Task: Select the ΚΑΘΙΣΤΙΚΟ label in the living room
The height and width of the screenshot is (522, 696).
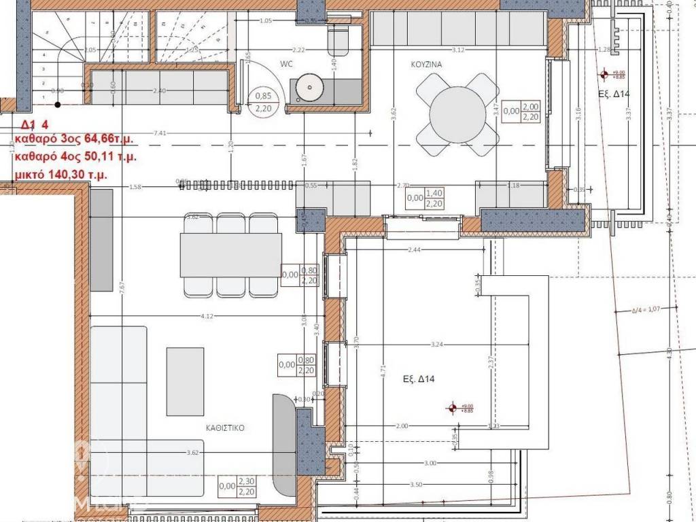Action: pos(226,429)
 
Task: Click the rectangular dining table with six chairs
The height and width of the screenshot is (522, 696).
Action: pos(231,255)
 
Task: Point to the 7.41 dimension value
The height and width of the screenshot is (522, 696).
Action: pos(161,133)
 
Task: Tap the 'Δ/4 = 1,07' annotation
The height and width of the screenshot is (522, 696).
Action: pos(646,310)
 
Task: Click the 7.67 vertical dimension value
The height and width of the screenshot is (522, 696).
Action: pos(121,287)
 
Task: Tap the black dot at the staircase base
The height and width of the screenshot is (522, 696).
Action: pos(58,105)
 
